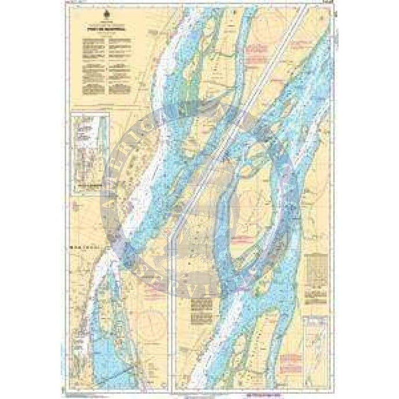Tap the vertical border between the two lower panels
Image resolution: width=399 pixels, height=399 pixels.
(174, 301)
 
